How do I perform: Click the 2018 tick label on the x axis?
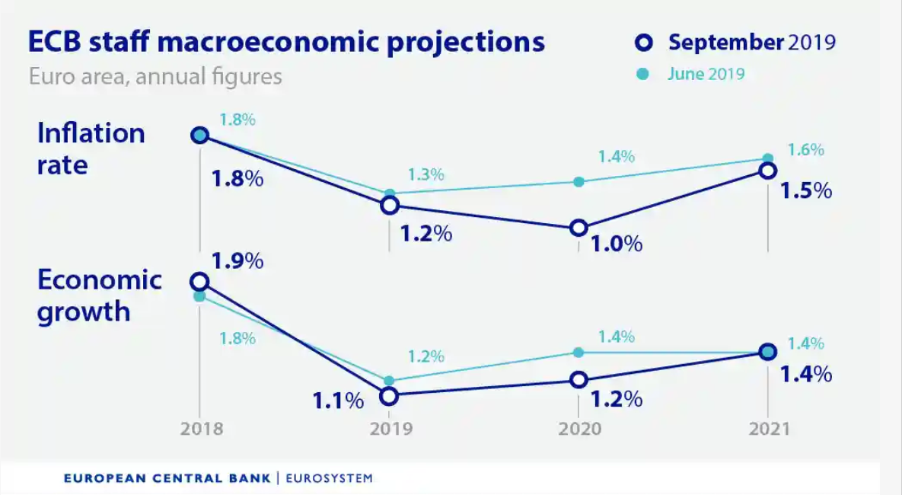coord(202,429)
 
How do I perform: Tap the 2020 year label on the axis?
coord(580,429)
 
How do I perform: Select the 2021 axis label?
coord(768,429)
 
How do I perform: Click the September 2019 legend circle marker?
coord(643,43)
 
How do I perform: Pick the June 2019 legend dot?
coord(643,74)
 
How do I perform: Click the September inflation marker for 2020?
coord(578,228)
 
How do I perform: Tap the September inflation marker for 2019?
coord(390,205)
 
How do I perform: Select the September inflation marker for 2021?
coord(768,171)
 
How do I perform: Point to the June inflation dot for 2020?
coord(578,182)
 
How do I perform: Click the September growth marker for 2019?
coord(389,396)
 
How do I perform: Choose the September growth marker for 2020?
coord(578,379)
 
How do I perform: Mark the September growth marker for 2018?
coord(199,282)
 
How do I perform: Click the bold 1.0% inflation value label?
coord(617,244)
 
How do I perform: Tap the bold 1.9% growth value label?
coord(237,260)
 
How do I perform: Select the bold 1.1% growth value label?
coord(338,400)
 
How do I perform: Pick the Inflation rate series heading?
coord(91,148)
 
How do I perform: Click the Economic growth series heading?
coord(99,295)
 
